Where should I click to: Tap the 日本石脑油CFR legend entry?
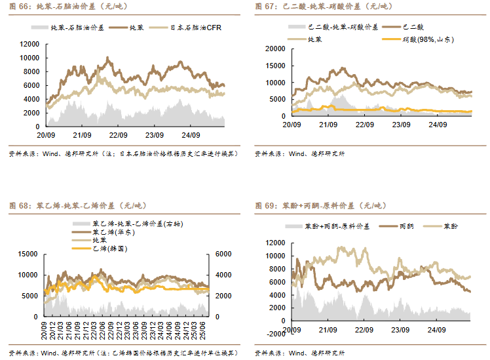click(197, 28)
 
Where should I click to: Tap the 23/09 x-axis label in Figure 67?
click(400, 124)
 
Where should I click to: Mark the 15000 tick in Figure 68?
click(28, 254)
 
